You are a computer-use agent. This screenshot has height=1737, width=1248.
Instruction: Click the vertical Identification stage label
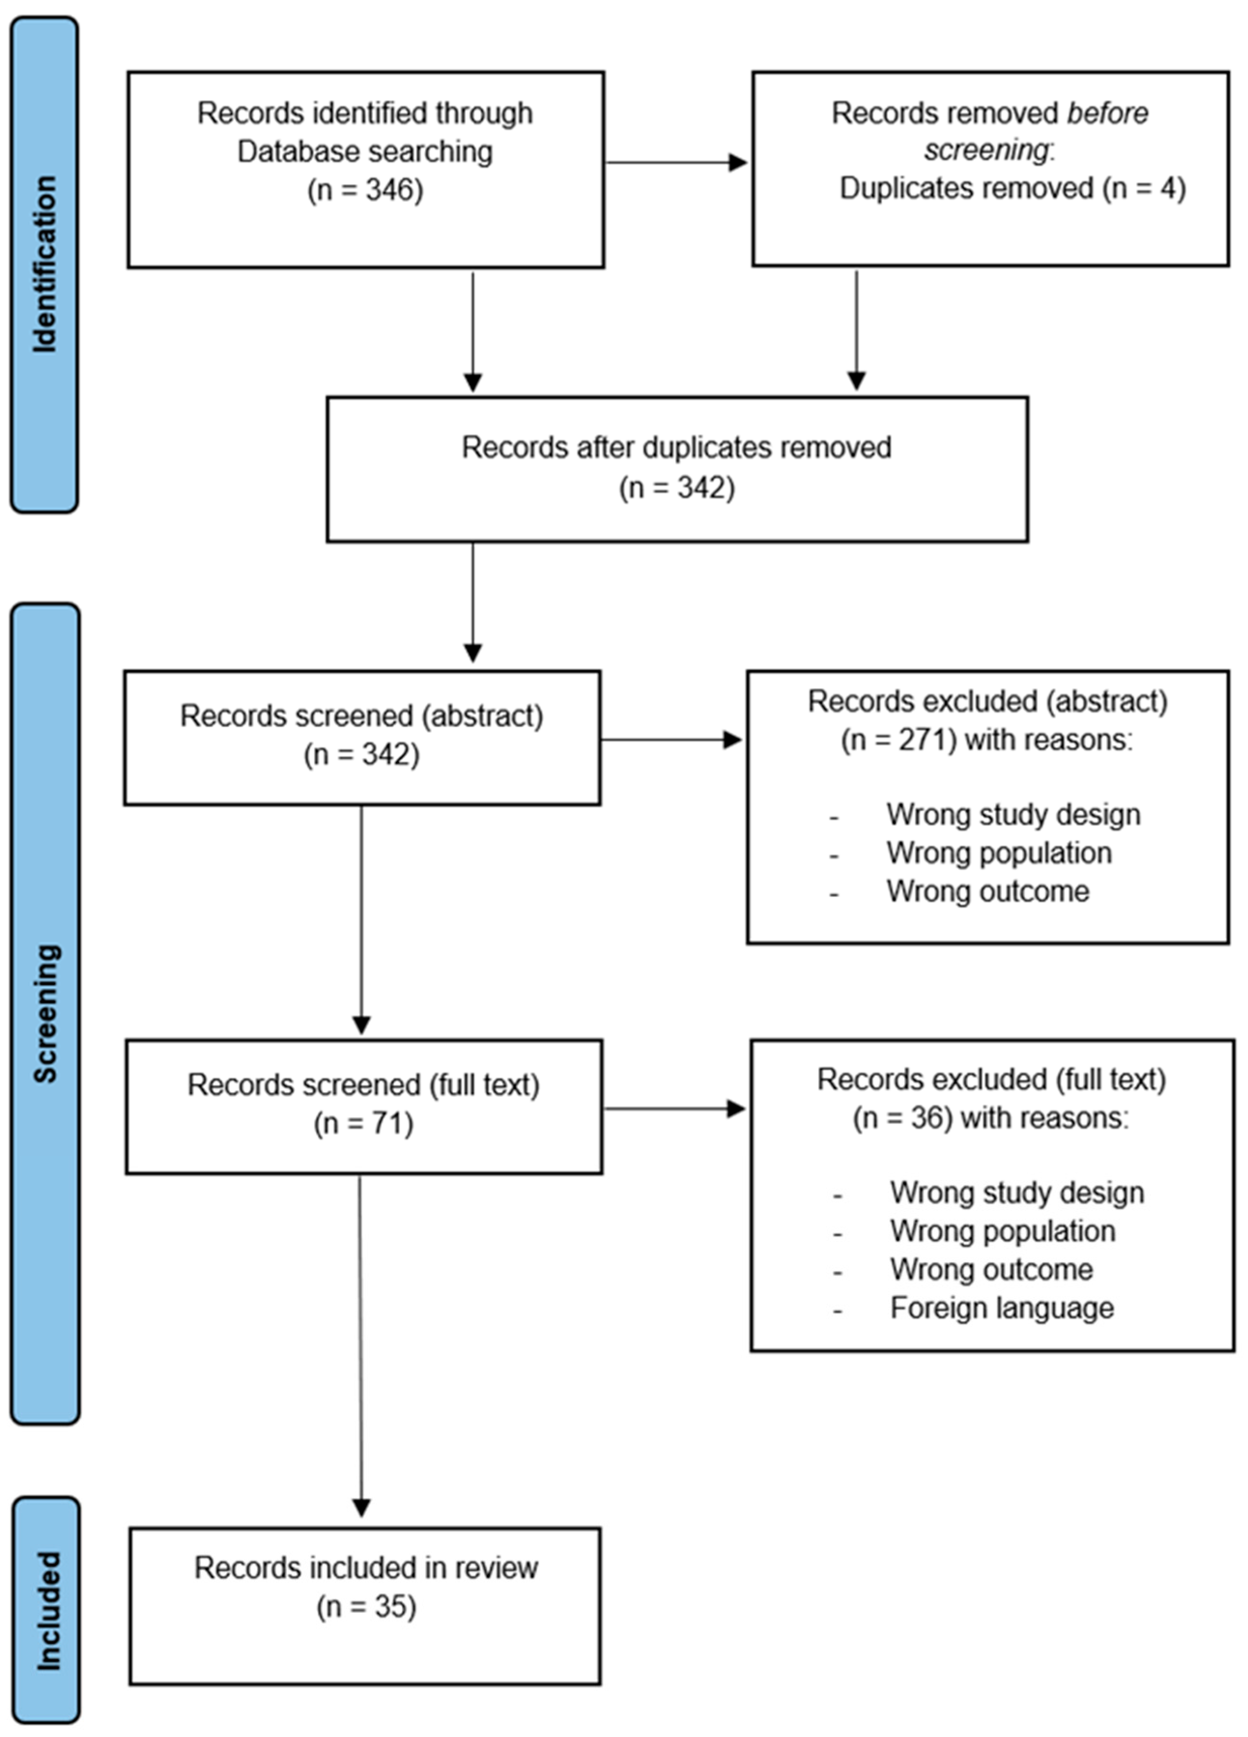(x=44, y=264)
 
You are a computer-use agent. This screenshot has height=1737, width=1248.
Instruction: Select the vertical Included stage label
(x=47, y=1610)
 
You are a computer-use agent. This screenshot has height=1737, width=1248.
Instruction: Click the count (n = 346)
(x=365, y=189)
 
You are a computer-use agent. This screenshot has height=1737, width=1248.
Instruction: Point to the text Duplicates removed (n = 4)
(x=1012, y=188)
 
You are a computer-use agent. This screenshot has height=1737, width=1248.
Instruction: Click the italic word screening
(x=985, y=150)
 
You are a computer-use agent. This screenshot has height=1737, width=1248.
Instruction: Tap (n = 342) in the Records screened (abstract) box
(x=361, y=755)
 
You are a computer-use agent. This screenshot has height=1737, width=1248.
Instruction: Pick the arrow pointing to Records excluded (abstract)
(x=671, y=740)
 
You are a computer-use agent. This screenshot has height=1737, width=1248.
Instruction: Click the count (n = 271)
(x=899, y=740)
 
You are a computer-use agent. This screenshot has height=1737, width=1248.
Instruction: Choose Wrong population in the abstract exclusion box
(x=998, y=853)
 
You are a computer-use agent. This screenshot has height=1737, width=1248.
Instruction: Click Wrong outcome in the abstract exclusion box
(x=988, y=891)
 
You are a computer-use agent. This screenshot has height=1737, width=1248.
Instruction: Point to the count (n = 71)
(x=364, y=1124)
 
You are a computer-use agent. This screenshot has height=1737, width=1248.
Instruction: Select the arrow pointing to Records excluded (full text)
(x=674, y=1108)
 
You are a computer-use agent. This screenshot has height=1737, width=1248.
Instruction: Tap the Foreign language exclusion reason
(x=1002, y=1308)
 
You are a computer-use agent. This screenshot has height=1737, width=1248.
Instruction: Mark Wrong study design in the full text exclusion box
(x=1017, y=1193)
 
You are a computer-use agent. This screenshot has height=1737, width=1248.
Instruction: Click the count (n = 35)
(x=366, y=1606)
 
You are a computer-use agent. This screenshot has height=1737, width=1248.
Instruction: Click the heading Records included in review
(x=366, y=1568)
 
